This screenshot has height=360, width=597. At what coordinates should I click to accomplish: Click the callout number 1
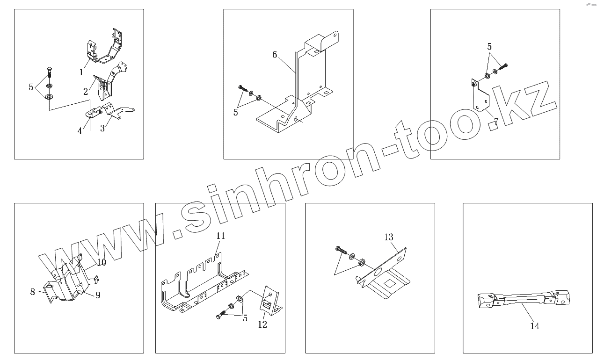pyautogui.click(x=81, y=72)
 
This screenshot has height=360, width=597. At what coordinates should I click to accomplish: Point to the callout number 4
pyautogui.click(x=80, y=131)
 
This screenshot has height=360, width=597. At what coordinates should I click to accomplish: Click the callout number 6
pyautogui.click(x=275, y=55)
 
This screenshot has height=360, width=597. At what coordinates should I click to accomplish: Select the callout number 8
pyautogui.click(x=33, y=292)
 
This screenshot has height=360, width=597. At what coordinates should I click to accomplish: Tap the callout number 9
pyautogui.click(x=98, y=295)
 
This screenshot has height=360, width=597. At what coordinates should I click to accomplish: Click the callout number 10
pyautogui.click(x=102, y=262)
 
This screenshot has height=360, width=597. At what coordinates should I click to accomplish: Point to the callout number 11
pyautogui.click(x=221, y=236)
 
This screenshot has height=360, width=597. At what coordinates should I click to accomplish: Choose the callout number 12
pyautogui.click(x=262, y=324)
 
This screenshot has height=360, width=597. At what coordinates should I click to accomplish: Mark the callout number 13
pyautogui.click(x=389, y=237)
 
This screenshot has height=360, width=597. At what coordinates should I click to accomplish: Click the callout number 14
pyautogui.click(x=535, y=326)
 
